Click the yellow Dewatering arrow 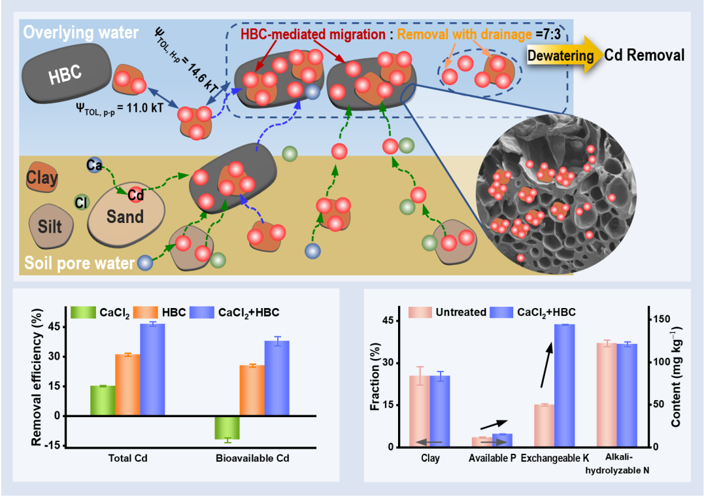pyautogui.click(x=561, y=55)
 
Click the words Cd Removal pyautogui.click(x=644, y=55)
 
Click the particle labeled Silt pyautogui.click(x=50, y=226)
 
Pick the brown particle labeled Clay pyautogui.click(x=42, y=178)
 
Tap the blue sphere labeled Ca pyautogui.click(x=93, y=165)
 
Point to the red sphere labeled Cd pyautogui.click(x=136, y=195)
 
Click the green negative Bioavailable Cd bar pyautogui.click(x=227, y=428)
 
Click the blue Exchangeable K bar pyautogui.click(x=564, y=385)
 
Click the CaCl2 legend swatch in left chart pyautogui.click(x=83, y=313)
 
